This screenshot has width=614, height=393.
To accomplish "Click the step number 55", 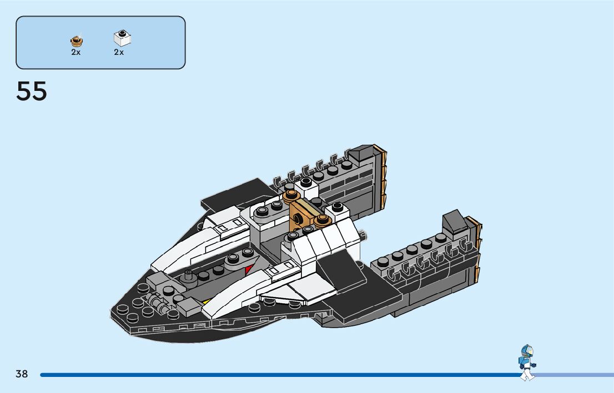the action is coord(32,91).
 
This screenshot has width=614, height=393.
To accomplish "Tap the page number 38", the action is coord(22,374).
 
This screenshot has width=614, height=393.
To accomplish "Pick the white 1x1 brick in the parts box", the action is coord(122,39).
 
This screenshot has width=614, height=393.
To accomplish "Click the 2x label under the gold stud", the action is coord(76,52).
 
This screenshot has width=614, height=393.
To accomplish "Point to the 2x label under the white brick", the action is coord(119,52).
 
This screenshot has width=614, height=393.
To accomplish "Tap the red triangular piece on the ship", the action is coord(249,270).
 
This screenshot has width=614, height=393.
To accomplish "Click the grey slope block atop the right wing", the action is coord(454,222).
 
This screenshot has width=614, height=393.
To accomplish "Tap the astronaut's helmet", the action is coord(527,351).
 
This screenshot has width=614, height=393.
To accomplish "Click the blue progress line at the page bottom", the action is coord(278,375).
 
